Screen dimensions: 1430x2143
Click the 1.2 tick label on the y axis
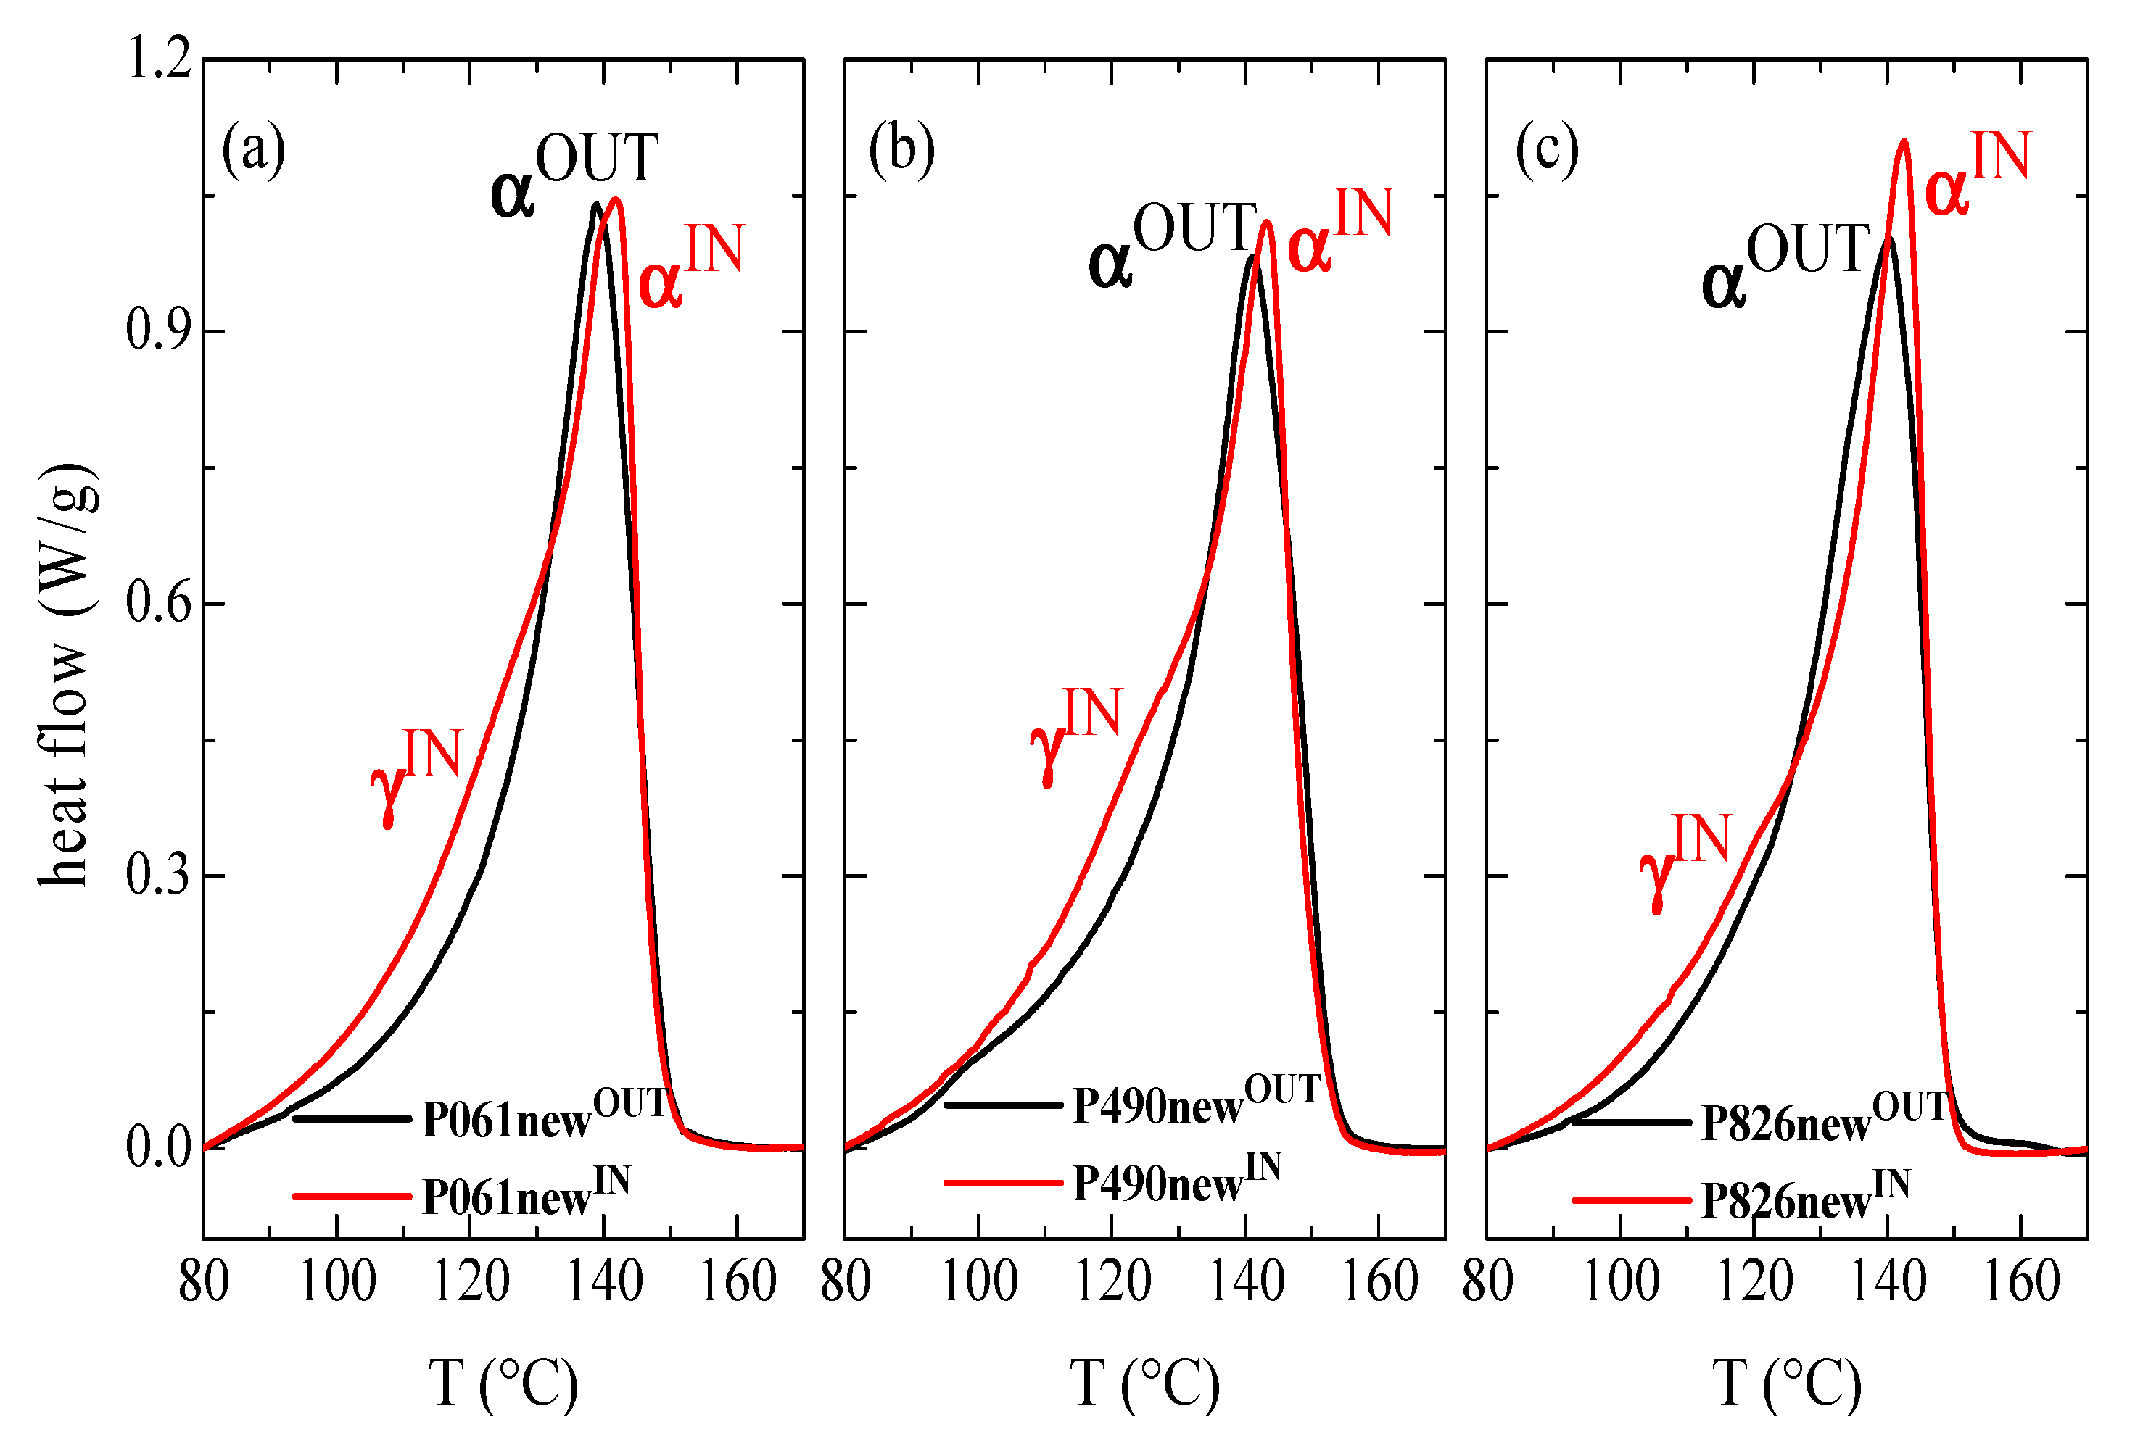click(160, 59)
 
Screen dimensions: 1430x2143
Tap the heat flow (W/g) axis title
click(66, 675)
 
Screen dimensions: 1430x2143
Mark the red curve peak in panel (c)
click(1903, 141)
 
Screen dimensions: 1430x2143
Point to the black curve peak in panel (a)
click(595, 204)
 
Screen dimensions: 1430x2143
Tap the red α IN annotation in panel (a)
click(690, 265)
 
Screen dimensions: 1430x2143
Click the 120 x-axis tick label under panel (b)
click(1111, 1281)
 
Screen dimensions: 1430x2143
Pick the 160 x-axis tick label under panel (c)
click(2022, 1281)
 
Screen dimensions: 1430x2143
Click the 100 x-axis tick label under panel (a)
click(336, 1281)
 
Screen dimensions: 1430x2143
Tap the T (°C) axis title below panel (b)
click(1144, 1384)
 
